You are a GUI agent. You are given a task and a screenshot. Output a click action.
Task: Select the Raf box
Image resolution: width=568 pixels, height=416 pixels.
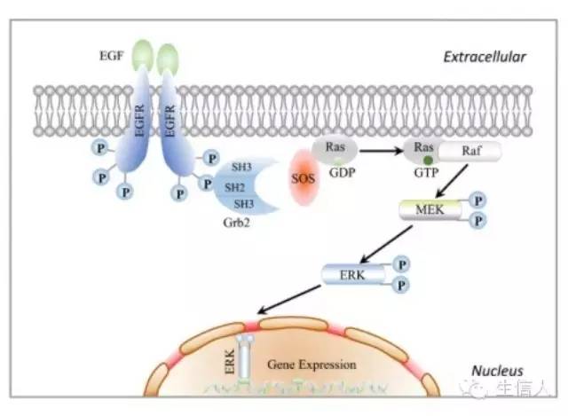[x=470, y=152]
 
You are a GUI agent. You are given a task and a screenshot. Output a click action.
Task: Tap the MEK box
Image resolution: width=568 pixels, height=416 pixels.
[x=430, y=209]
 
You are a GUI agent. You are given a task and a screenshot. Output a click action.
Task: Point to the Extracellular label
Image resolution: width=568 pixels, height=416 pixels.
[x=485, y=58]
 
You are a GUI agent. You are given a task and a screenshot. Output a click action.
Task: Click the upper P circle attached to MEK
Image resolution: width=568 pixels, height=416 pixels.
[x=477, y=201]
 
